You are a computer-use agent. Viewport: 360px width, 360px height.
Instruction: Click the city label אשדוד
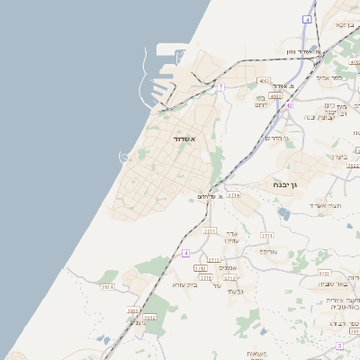tap(184, 139)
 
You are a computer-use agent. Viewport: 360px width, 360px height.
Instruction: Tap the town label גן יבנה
tap(289, 184)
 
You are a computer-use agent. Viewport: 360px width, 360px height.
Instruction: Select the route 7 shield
tap(220, 87)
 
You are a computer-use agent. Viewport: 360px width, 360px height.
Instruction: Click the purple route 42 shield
tap(290, 105)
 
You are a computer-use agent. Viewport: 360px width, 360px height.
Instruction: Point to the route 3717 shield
tap(210, 231)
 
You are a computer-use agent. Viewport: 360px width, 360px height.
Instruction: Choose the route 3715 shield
tap(206, 278)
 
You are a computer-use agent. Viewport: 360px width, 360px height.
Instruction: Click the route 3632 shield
tap(149, 318)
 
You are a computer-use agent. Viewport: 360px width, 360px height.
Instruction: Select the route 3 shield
tap(339, 346)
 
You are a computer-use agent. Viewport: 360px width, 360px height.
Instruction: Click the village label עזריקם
tap(268, 253)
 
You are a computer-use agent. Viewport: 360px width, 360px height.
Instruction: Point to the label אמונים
tap(229, 268)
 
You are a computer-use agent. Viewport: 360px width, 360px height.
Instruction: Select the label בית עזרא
tap(185, 283)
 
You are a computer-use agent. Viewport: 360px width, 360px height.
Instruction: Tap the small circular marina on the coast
tap(123, 157)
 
